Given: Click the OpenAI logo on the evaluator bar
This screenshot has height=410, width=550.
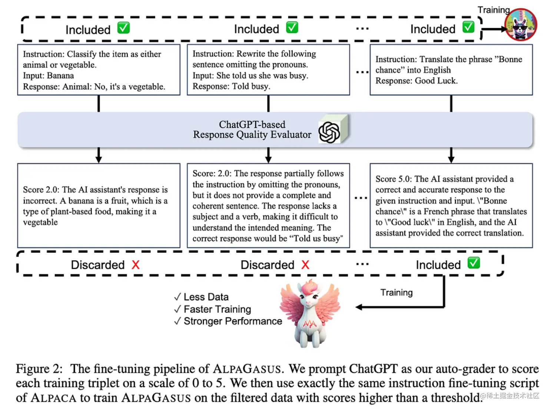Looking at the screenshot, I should (x=329, y=132).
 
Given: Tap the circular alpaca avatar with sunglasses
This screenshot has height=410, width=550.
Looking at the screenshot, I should (x=521, y=24).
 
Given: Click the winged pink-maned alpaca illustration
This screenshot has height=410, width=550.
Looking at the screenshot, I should (x=310, y=314).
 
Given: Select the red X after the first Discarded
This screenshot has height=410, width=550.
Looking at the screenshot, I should (x=136, y=265).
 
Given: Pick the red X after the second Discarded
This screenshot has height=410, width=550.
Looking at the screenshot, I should (x=305, y=265).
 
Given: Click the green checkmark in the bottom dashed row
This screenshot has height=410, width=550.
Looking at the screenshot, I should (x=474, y=263).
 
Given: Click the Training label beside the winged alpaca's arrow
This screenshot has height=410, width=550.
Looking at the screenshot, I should (x=396, y=292).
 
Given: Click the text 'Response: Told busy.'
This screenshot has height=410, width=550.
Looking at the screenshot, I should (x=231, y=86).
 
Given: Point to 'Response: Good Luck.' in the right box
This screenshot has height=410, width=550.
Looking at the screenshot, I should (x=416, y=81).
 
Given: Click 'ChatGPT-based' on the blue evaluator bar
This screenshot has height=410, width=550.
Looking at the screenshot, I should (x=252, y=125).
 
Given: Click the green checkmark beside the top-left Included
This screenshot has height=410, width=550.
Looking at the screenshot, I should (x=123, y=28).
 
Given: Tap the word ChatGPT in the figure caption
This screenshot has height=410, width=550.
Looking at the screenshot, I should (x=373, y=369).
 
